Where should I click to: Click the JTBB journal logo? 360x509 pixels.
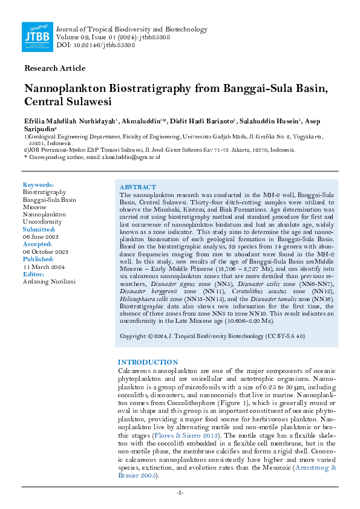[37, 36]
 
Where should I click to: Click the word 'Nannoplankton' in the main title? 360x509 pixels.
[64, 88]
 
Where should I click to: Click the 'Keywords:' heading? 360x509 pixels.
[38, 185]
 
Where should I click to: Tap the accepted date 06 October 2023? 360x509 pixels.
[45, 251]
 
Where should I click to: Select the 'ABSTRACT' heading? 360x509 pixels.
[138, 188]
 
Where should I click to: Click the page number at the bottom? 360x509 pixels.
[180, 493]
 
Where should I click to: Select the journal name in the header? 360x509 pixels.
[131, 29]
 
